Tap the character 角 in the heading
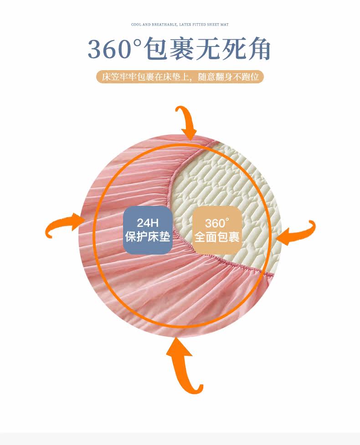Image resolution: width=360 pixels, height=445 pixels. coord(258,49)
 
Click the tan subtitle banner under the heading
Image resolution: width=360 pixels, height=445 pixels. coord(180,77)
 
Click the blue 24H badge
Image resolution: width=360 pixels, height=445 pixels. coord(148,230)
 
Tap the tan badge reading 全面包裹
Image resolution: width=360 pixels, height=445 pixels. coord(216,230)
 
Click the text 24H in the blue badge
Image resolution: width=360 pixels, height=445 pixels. coord(148,223)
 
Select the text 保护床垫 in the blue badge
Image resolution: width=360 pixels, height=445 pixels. coord(148,237)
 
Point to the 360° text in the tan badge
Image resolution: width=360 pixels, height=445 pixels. coord(216,223)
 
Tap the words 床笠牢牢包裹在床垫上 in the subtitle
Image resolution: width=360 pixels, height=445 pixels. coord(146,77)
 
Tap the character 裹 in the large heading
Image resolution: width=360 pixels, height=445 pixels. coord(184,49)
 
